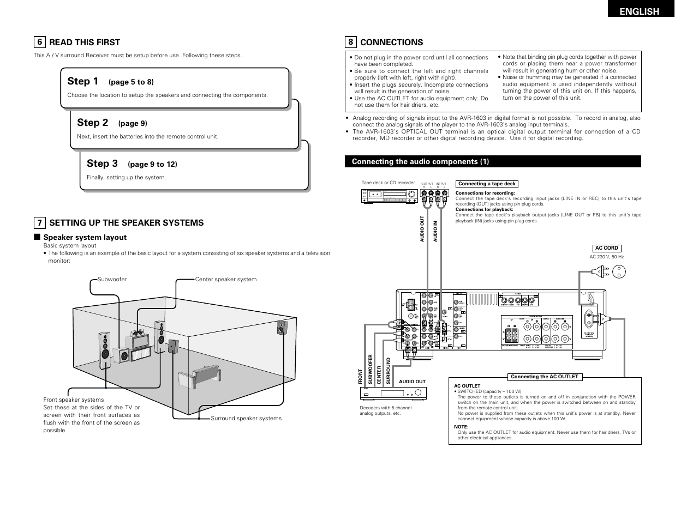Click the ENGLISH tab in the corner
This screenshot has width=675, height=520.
[641, 11]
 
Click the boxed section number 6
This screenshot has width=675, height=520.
[39, 43]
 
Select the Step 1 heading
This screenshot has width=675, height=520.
[83, 81]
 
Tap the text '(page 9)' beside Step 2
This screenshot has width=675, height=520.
[133, 123]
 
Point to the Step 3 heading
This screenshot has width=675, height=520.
[102, 164]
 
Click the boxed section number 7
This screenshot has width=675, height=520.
[39, 222]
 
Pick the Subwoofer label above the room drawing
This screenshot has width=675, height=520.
[112, 279]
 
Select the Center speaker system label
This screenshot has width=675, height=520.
[225, 279]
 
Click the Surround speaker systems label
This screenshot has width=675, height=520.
[246, 418]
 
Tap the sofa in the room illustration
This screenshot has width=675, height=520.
[200, 376]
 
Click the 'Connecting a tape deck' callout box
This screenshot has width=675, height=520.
[487, 184]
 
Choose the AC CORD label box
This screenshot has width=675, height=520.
[606, 248]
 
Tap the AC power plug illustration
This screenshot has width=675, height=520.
[600, 270]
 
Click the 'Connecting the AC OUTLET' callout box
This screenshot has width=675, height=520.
[544, 377]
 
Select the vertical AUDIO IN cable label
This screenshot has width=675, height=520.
[435, 231]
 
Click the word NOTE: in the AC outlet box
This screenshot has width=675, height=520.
[461, 427]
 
